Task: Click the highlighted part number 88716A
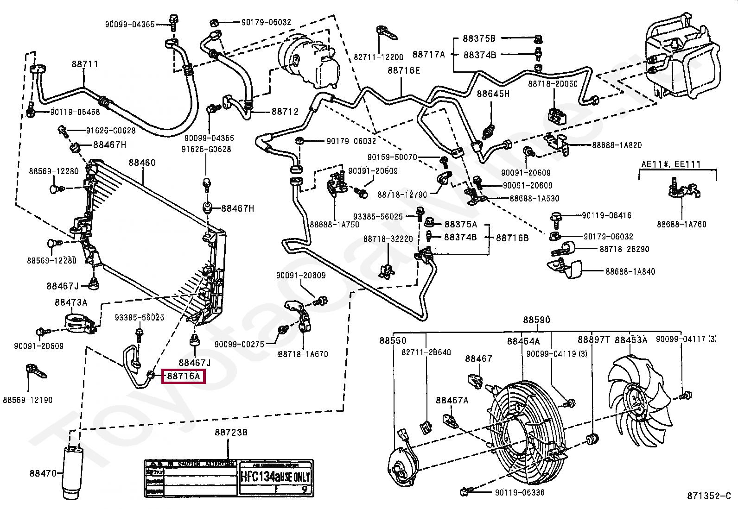[183, 376]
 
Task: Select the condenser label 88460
[142, 163]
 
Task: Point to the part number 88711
[84, 64]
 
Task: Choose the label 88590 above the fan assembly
[537, 320]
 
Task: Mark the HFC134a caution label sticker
[229, 478]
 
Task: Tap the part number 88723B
[231, 433]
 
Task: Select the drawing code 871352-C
[708, 496]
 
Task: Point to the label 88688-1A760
[681, 224]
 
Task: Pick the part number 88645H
[493, 94]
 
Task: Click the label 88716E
[404, 70]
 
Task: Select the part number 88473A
[71, 302]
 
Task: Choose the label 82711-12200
[378, 57]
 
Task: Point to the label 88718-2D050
[553, 84]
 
